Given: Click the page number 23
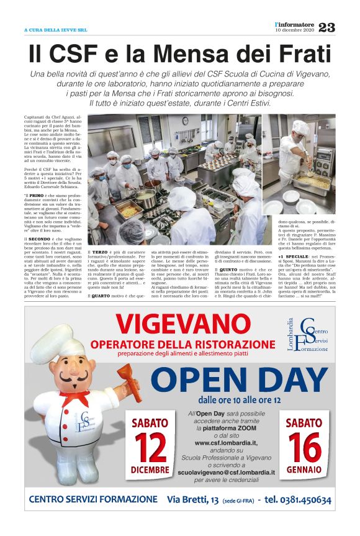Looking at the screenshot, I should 326,27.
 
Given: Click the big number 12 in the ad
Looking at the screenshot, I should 150,445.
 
